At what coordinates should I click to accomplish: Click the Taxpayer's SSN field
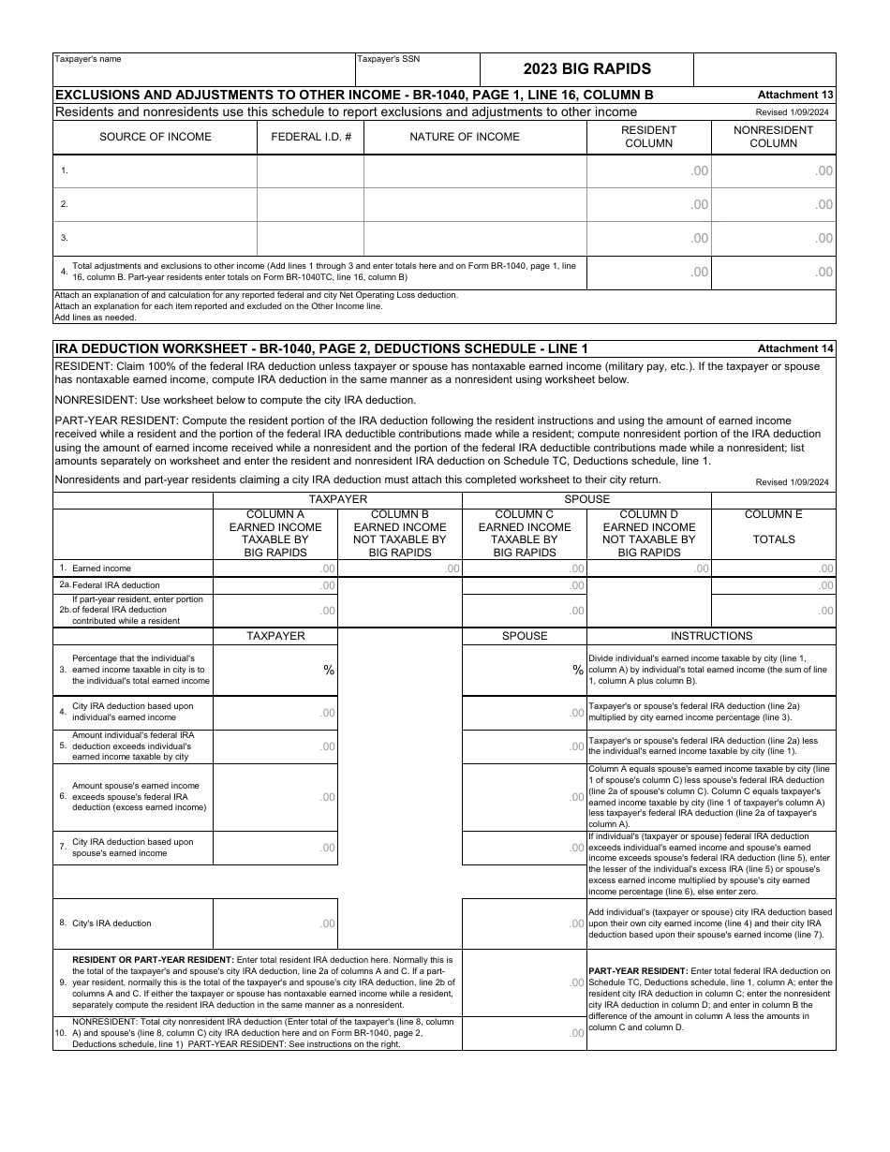(x=417, y=74)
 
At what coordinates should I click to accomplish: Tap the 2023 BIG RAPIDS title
(x=586, y=69)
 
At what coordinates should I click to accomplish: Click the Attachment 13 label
(x=794, y=95)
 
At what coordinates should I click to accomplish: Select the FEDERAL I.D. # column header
(x=311, y=137)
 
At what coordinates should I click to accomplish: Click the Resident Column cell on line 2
(x=648, y=204)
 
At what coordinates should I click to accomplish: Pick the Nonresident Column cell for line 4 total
(x=773, y=273)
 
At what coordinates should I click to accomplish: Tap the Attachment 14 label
(x=794, y=348)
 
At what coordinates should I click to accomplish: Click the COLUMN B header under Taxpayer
(x=400, y=533)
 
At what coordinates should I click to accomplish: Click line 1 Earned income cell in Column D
(x=648, y=569)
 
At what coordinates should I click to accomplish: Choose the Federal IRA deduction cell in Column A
(x=274, y=585)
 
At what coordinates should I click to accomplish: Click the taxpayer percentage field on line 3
(x=274, y=670)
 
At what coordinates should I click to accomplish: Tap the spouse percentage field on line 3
(x=524, y=670)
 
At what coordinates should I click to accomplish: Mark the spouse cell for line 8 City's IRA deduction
(x=524, y=923)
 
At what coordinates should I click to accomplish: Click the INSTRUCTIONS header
(x=711, y=636)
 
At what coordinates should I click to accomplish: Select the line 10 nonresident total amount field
(x=524, y=1033)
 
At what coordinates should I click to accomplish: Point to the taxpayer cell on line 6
(x=274, y=797)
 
